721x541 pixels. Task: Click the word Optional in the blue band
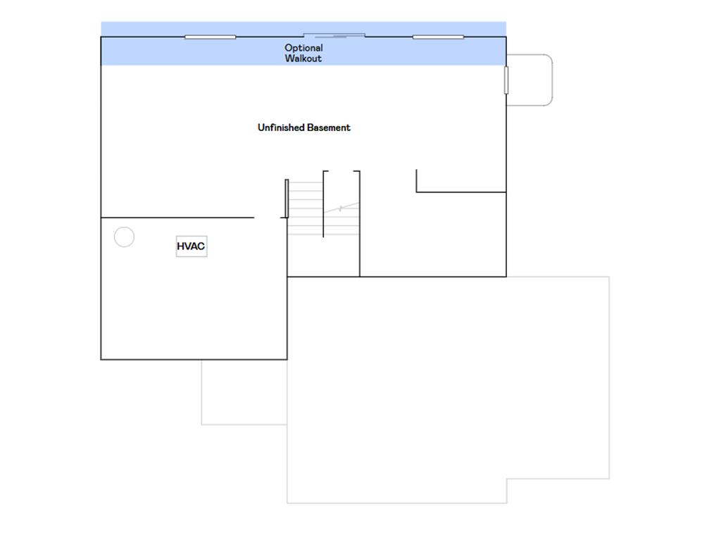pyautogui.click(x=303, y=48)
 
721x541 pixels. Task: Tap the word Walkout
pyautogui.click(x=303, y=58)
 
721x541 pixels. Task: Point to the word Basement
pyautogui.click(x=329, y=128)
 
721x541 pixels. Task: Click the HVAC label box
pyautogui.click(x=192, y=246)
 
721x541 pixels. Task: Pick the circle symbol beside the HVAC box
pyautogui.click(x=124, y=237)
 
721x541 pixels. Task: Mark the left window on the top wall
pyautogui.click(x=210, y=37)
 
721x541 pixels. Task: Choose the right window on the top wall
pyautogui.click(x=438, y=37)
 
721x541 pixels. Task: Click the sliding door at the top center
pyautogui.click(x=334, y=35)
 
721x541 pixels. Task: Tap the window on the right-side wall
pyautogui.click(x=506, y=80)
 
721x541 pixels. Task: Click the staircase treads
pyautogui.click(x=323, y=209)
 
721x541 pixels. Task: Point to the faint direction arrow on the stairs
pyautogui.click(x=341, y=208)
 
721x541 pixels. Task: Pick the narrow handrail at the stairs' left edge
pyautogui.click(x=287, y=199)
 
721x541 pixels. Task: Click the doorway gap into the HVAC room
pyautogui.click(x=267, y=218)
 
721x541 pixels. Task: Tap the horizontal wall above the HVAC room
pyautogui.click(x=177, y=218)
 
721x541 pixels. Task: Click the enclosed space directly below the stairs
pyautogui.click(x=323, y=256)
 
